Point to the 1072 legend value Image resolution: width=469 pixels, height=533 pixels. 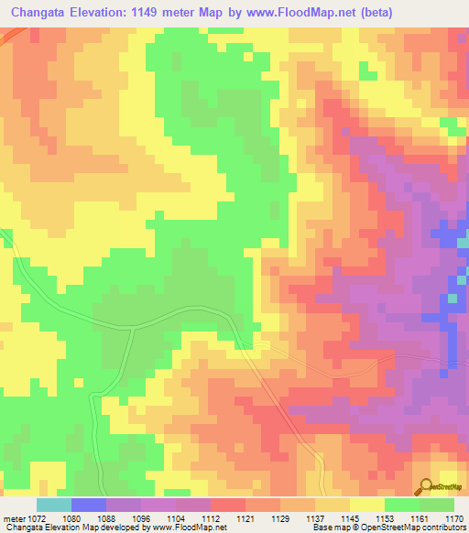click(34, 519)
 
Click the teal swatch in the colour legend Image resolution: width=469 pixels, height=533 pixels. click(54, 505)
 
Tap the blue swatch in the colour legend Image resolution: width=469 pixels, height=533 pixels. click(89, 505)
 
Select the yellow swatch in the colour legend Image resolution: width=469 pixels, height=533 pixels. click(367, 505)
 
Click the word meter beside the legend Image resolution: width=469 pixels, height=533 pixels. click(12, 519)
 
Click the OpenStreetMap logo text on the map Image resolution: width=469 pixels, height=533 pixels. click(447, 490)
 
